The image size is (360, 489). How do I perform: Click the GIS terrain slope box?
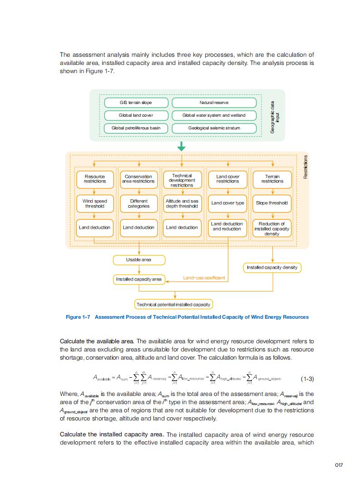point(136,103)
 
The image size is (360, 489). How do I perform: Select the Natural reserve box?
point(214,103)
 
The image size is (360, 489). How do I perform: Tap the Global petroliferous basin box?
point(136,128)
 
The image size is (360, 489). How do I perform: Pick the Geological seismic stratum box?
point(214,128)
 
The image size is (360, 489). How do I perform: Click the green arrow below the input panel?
point(182,146)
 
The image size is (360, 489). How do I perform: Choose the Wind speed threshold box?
point(94,203)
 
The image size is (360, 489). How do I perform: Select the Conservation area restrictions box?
point(138,179)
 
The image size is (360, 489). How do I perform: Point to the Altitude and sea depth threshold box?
point(182,203)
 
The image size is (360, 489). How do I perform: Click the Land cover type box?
point(227,203)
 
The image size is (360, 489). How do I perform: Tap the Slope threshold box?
point(272,203)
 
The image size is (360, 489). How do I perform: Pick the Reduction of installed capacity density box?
point(272,229)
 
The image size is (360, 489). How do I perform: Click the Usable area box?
point(138,260)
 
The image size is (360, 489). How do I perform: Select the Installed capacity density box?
point(272,267)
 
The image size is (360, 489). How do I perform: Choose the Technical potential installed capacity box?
point(173,304)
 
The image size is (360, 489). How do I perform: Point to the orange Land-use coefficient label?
point(204,278)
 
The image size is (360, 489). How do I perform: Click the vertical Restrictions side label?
point(306,167)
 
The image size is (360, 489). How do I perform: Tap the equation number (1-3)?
point(307,379)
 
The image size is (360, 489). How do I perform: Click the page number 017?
point(339,464)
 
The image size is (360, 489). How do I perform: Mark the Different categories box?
point(138,203)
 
